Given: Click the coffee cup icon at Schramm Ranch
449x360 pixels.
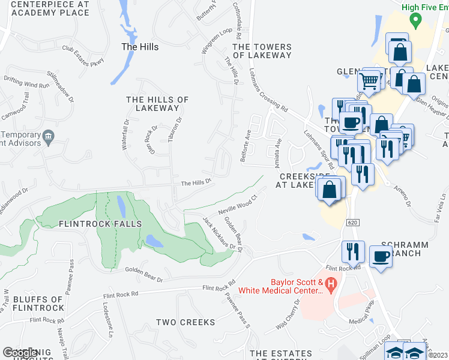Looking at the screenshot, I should (380, 257).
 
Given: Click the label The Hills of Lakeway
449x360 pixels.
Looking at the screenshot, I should (157, 104).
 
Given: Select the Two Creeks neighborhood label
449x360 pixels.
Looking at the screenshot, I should (185, 322).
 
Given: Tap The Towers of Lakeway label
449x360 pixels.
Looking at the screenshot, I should (262, 51).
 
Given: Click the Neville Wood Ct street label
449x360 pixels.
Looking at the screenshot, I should (237, 204).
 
